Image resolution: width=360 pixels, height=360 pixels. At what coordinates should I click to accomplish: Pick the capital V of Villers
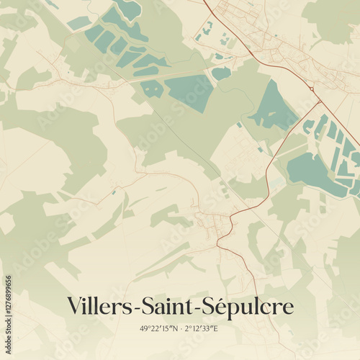(74, 305)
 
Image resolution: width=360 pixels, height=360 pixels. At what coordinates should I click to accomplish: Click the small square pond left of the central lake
(152, 88)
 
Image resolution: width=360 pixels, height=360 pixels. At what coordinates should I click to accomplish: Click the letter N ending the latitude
(171, 329)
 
